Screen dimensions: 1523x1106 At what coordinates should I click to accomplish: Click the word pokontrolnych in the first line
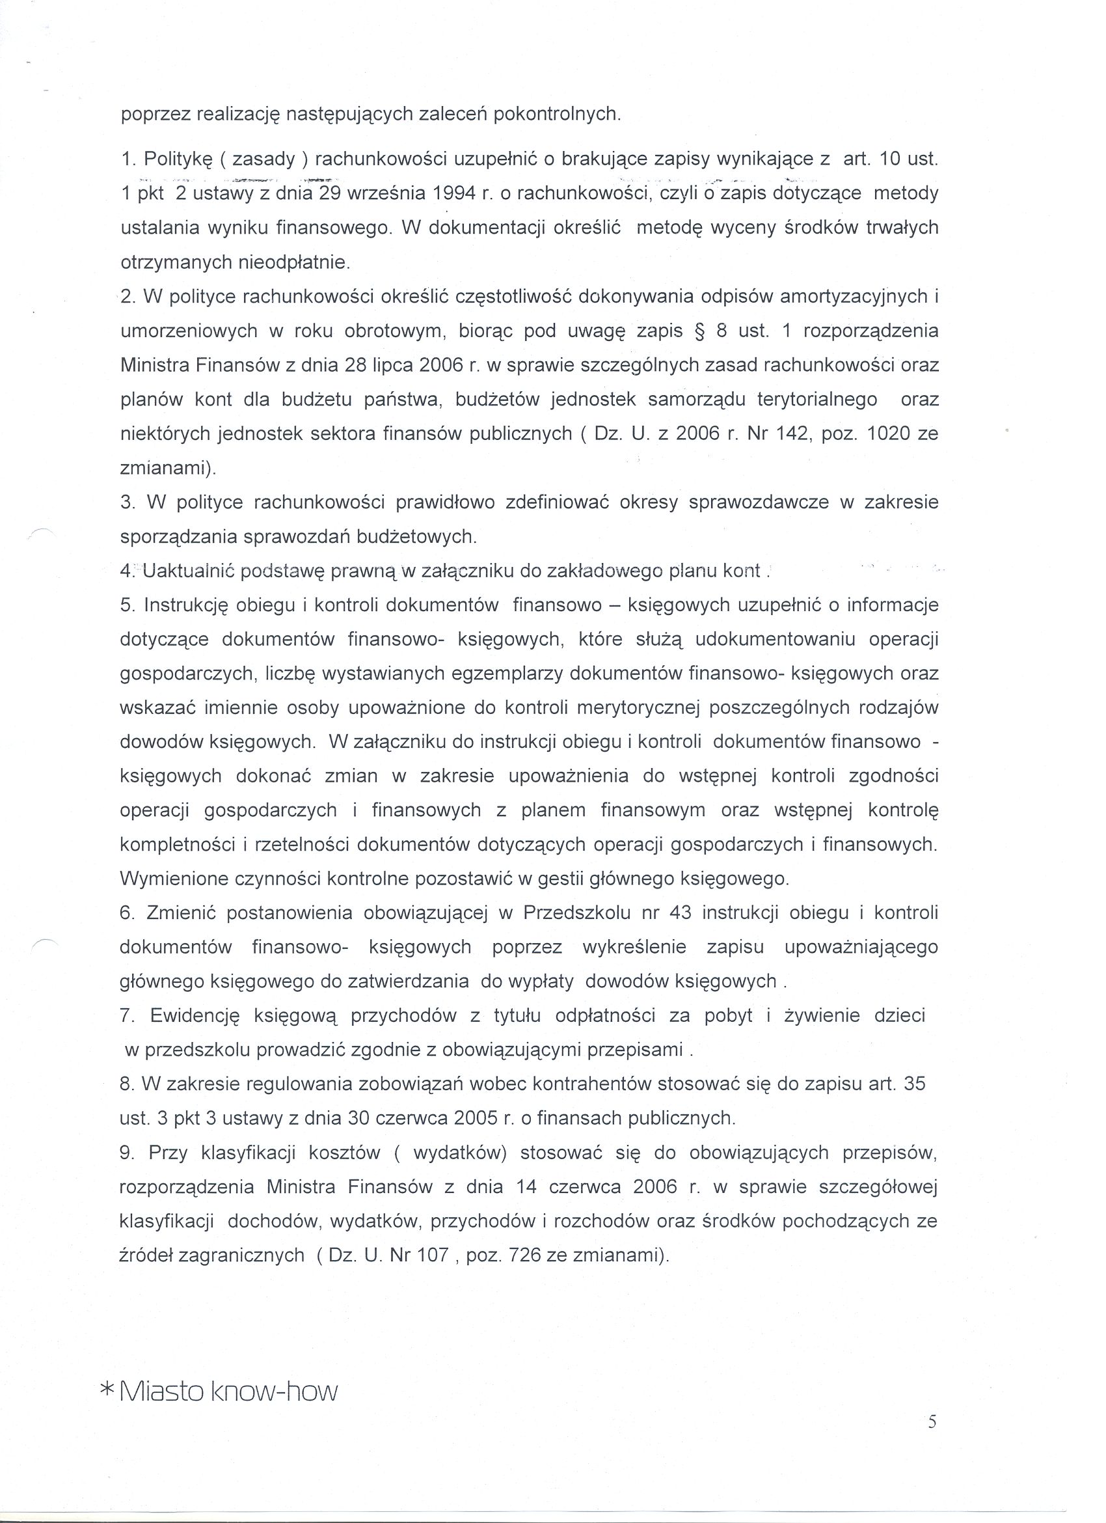[556, 114]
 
